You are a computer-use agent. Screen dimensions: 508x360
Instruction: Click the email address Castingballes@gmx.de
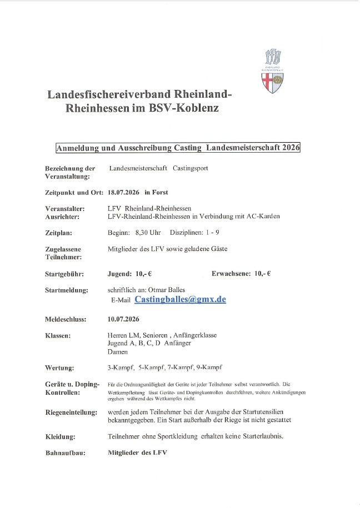tap(180, 299)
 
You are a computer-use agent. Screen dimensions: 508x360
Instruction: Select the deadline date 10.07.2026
tap(123, 319)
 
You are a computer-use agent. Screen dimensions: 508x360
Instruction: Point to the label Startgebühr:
tap(66, 274)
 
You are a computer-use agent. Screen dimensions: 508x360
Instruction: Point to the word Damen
tap(117, 351)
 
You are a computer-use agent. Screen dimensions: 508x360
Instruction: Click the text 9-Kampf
tap(208, 367)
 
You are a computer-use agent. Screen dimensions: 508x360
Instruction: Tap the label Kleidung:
tap(60, 436)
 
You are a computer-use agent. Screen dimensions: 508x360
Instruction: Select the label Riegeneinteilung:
tap(71, 413)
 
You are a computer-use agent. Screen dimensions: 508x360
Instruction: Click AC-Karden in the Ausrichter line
tap(263, 217)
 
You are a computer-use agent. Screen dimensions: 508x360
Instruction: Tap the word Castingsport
tap(190, 168)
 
